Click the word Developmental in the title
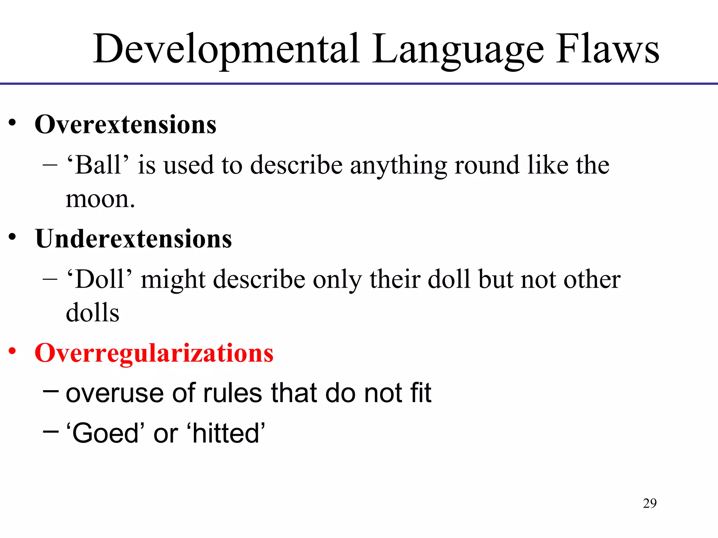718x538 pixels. pos(226,49)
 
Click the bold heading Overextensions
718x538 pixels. pos(126,124)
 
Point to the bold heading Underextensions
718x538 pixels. pos(133,239)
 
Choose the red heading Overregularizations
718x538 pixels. pos(154,353)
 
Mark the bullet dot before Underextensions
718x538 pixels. pos(13,237)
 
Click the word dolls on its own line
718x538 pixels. pos(93,312)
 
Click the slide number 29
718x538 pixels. pos(650,503)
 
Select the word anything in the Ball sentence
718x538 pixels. pos(398,165)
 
